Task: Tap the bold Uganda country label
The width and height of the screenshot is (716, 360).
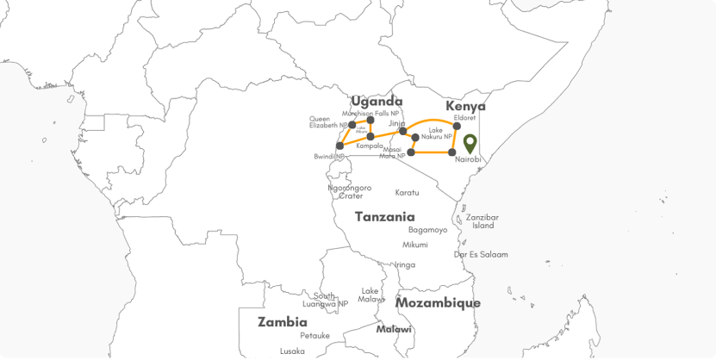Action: (377, 101)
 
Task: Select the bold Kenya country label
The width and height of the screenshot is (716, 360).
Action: (465, 106)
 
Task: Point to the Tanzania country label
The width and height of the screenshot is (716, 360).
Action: (385, 217)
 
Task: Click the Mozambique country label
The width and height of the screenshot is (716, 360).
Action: (438, 303)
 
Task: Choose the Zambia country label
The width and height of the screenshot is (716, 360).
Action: (283, 322)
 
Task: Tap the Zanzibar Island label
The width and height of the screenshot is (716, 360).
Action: (482, 221)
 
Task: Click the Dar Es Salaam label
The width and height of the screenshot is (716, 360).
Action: (481, 255)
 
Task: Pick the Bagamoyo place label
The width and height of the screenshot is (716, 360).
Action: (427, 230)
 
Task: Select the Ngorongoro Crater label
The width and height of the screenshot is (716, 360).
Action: (350, 191)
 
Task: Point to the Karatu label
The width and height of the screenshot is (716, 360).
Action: (407, 192)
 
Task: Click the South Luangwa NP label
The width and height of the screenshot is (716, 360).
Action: (326, 299)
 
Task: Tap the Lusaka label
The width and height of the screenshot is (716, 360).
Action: (292, 351)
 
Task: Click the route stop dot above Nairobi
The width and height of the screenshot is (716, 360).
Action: (453, 152)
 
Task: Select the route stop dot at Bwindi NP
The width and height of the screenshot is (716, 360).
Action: (339, 146)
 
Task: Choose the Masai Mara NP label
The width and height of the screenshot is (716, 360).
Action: (390, 152)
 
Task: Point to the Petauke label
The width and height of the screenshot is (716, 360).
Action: (314, 335)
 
